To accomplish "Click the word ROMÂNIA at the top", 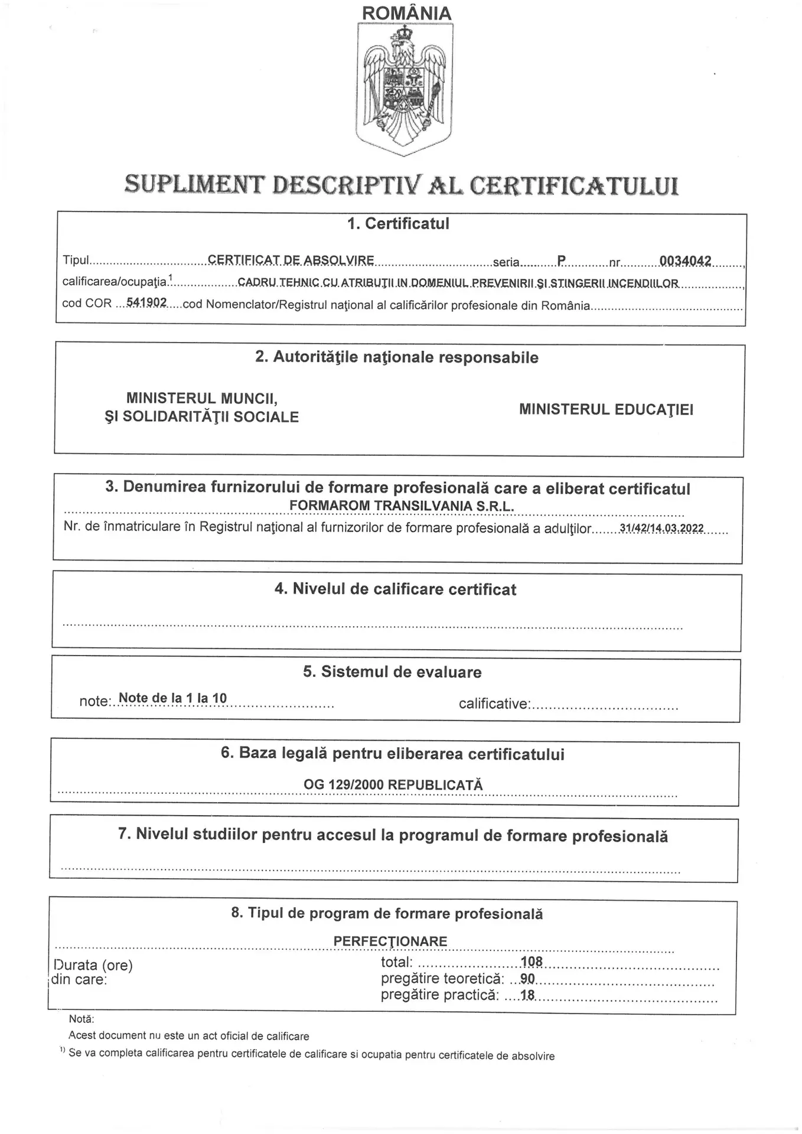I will (x=406, y=13).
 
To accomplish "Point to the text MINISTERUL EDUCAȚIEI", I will (x=607, y=409).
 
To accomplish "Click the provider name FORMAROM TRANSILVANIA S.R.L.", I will (x=402, y=506).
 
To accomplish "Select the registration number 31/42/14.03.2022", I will (x=662, y=528).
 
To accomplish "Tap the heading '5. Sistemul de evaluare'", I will (x=392, y=672).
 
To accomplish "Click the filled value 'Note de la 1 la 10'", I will (x=172, y=698).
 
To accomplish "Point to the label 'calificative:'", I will (x=494, y=703).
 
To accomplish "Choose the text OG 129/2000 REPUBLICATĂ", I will (x=393, y=785).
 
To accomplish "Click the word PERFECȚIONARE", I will (x=390, y=941).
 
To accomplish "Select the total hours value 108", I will (x=532, y=962).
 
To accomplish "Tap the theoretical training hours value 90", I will (x=527, y=979).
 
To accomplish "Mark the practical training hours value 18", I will (x=527, y=995).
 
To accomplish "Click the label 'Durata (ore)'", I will (x=93, y=965).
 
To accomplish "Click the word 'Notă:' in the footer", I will (x=81, y=1019).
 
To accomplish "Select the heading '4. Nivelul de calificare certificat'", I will (x=395, y=589).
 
